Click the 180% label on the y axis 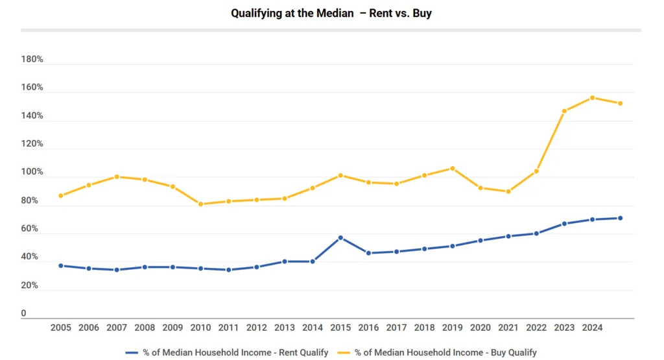(x=32, y=59)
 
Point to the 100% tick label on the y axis (x=32, y=173)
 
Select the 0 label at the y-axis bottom (x=24, y=314)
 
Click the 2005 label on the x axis (x=61, y=328)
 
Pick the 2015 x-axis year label (x=340, y=328)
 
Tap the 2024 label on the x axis (x=592, y=328)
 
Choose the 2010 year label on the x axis (x=201, y=328)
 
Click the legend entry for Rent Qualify (x=227, y=352)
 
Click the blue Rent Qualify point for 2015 (x=340, y=237)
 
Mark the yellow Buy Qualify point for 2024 (x=592, y=98)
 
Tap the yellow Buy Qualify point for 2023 (x=564, y=111)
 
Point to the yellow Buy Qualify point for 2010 (x=201, y=204)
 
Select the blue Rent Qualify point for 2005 (x=61, y=265)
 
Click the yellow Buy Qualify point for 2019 (x=453, y=168)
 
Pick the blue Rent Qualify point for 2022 (x=536, y=233)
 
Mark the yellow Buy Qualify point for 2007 (x=117, y=176)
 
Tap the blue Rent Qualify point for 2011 (x=229, y=270)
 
